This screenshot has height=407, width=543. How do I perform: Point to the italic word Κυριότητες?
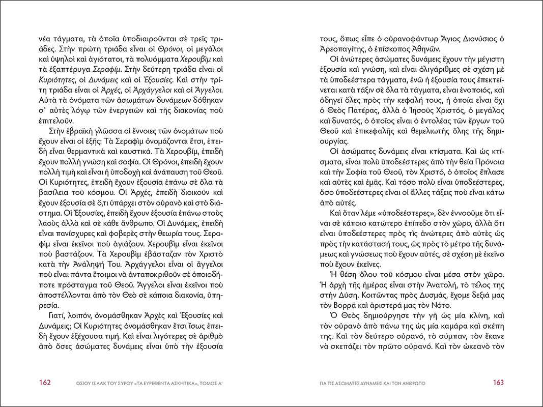point(56,80)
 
